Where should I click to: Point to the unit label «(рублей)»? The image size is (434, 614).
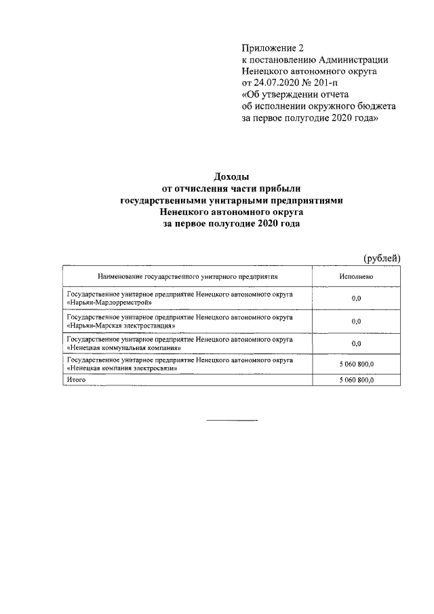coord(382,258)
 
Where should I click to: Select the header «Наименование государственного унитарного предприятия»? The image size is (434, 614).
coord(189,277)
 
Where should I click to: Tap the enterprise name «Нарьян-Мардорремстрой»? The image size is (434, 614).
coord(108,303)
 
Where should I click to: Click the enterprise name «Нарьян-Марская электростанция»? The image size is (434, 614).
coord(121,326)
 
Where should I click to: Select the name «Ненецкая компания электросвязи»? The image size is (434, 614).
coord(122,368)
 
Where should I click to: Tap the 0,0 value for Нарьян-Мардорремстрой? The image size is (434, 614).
coord(357,299)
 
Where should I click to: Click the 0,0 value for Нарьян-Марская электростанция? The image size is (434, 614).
coord(357,322)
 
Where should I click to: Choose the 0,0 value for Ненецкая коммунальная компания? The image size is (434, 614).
coord(357,344)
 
